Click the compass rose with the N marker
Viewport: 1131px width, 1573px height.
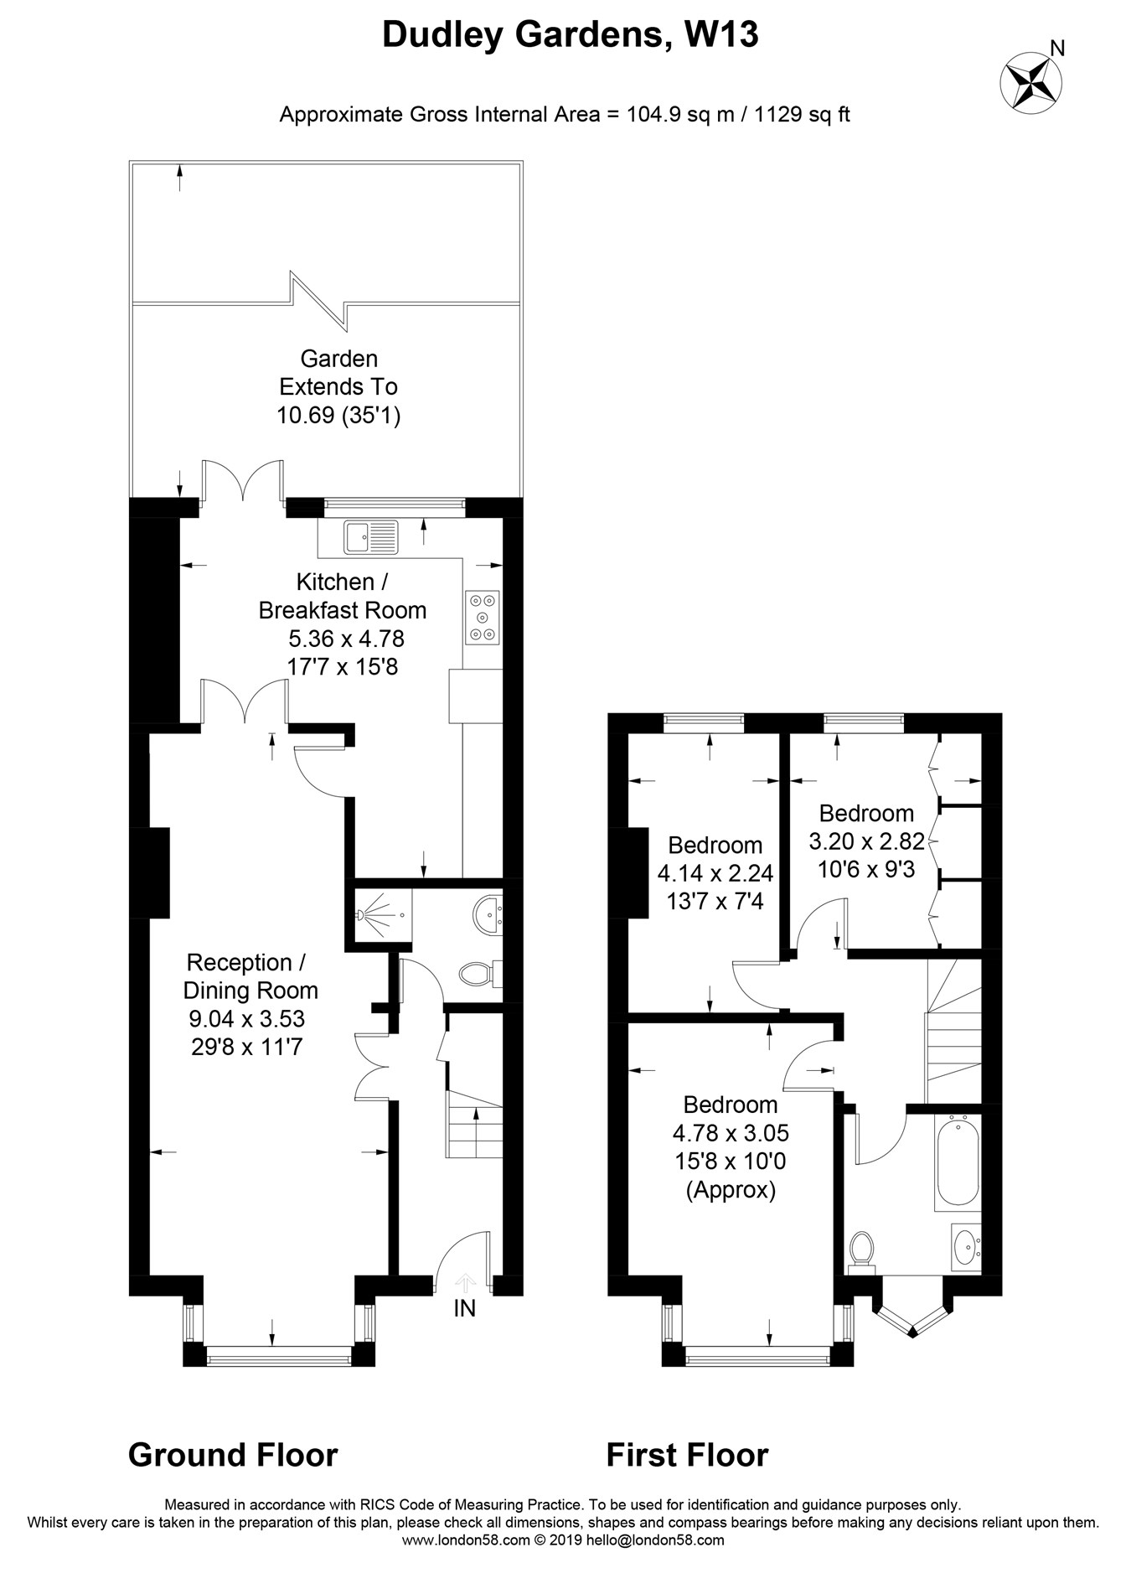click(1031, 80)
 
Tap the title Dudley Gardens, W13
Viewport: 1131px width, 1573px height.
click(571, 35)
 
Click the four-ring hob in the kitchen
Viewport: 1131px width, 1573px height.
click(483, 618)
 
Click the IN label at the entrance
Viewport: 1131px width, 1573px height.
click(464, 1308)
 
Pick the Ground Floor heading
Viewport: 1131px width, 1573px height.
click(233, 1455)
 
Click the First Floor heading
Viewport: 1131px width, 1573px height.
click(687, 1455)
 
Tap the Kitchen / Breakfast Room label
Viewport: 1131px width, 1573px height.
click(343, 596)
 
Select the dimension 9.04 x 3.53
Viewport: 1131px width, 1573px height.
click(247, 1018)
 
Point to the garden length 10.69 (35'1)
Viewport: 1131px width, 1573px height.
click(339, 415)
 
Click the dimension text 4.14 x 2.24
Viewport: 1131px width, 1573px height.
click(715, 874)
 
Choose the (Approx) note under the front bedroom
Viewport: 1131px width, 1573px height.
click(731, 1190)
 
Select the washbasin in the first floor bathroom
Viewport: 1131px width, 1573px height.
click(967, 1247)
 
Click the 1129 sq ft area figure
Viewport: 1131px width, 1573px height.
click(802, 114)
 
